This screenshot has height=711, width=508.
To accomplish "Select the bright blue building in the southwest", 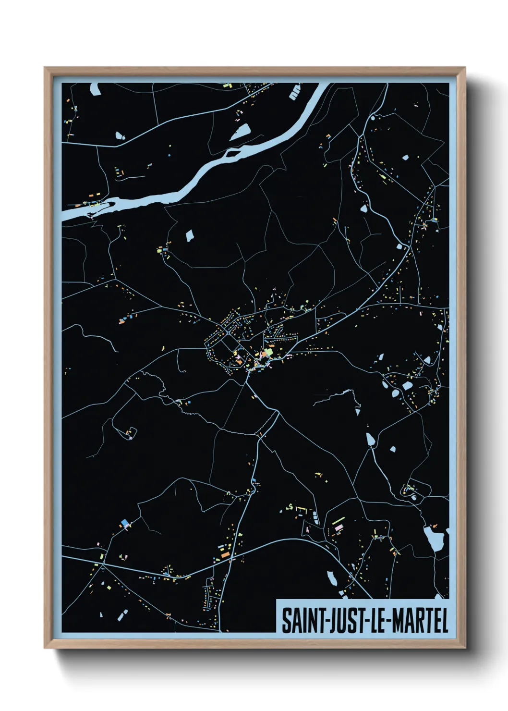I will coord(126,522).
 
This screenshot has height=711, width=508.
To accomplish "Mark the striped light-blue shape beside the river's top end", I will coord(295,92).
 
